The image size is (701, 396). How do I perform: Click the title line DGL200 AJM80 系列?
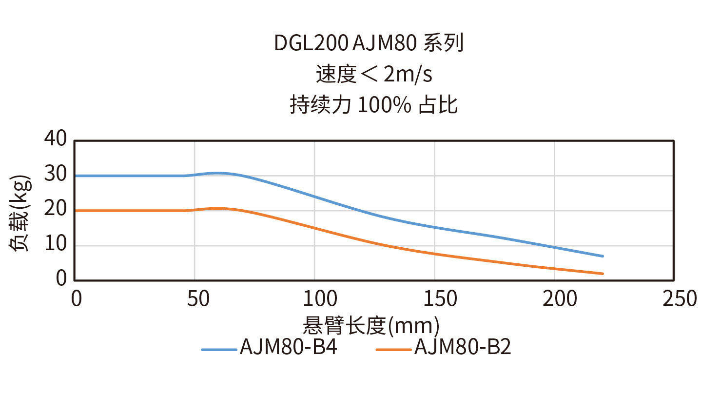tap(368, 44)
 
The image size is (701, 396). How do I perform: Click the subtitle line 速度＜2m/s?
tap(374, 75)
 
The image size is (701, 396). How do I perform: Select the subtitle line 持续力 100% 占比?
tap(374, 105)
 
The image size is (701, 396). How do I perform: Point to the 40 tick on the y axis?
tap(55, 139)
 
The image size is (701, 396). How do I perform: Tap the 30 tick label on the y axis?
tap(55, 175)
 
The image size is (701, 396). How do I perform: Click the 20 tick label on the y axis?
tap(55, 210)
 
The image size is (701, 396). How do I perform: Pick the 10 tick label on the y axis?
tap(55, 245)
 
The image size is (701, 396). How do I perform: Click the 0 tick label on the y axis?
tap(61, 279)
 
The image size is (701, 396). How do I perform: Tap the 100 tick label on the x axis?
tap(314, 298)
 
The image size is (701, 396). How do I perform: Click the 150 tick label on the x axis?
tap(434, 298)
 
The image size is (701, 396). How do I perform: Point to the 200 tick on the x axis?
tap(555, 298)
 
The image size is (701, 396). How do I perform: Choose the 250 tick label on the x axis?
tap(674, 298)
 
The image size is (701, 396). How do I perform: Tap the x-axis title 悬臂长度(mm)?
tap(371, 324)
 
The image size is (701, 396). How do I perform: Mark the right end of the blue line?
tap(603, 256)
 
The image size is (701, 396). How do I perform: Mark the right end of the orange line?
tap(603, 274)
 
